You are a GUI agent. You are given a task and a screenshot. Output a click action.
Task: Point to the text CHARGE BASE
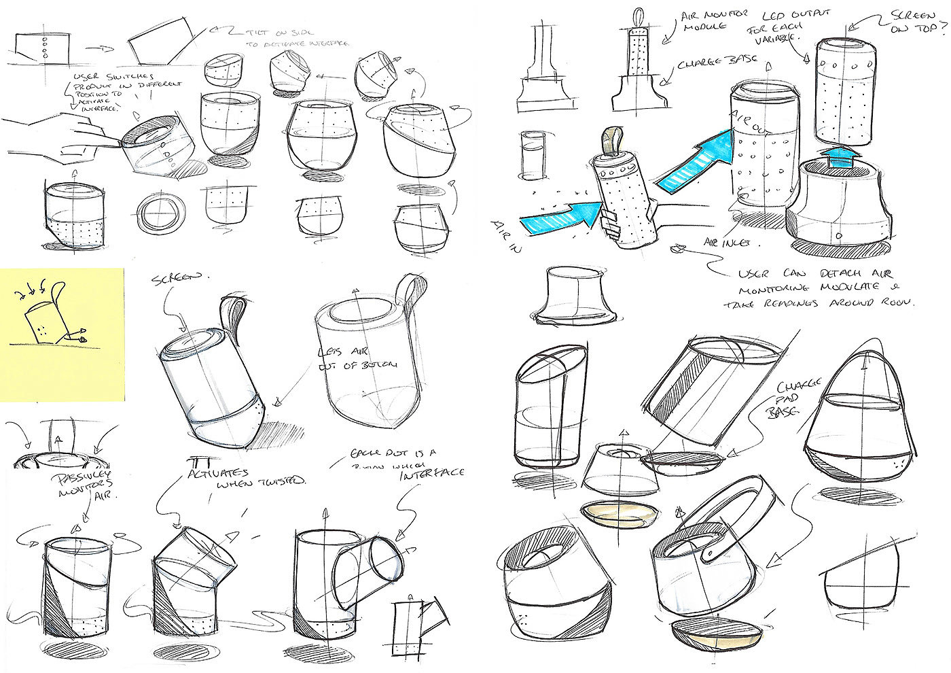click(706, 66)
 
